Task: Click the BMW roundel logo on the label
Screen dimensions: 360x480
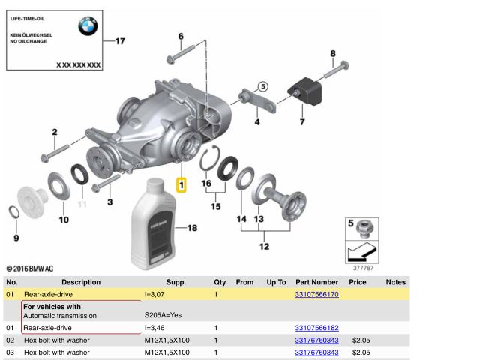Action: tap(88, 28)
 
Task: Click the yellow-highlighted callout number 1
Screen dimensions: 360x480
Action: tap(181, 184)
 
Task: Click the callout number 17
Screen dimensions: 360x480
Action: tap(120, 41)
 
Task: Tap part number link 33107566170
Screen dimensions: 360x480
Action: tap(316, 295)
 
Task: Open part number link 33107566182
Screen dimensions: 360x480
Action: tap(316, 328)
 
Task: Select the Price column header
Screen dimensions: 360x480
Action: tap(358, 282)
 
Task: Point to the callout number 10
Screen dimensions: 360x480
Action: tap(64, 220)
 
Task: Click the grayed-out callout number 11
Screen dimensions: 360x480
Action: tap(82, 204)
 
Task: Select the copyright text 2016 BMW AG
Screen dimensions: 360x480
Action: tap(30, 268)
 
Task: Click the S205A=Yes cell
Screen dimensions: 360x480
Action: tap(163, 315)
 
